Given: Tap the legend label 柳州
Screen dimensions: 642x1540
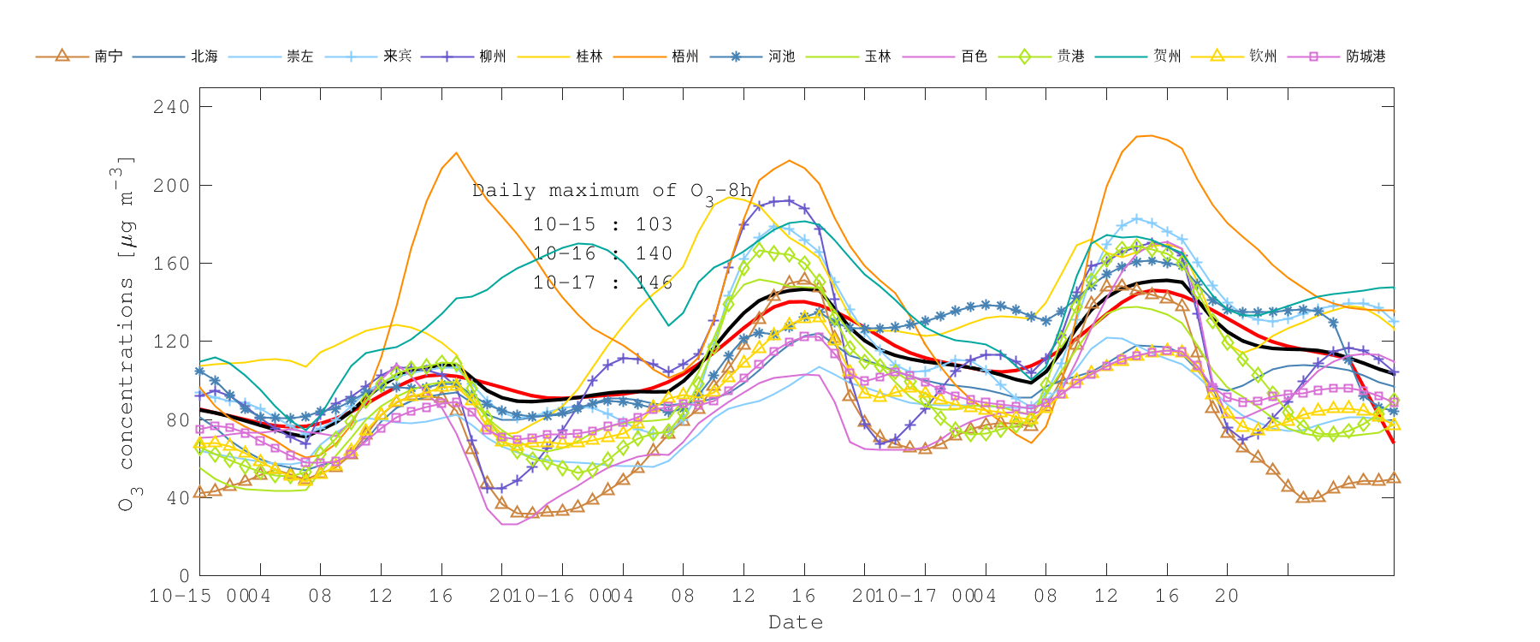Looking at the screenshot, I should coord(492,56).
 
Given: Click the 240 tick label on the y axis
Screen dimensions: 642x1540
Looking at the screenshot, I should coord(171,107).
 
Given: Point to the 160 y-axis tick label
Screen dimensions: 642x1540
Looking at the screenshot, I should coord(171,264).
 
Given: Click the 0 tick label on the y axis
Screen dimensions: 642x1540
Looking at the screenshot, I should coord(183,576).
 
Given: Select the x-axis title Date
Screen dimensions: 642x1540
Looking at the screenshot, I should coord(796,622).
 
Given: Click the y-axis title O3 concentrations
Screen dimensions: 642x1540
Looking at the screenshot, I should coord(126,334).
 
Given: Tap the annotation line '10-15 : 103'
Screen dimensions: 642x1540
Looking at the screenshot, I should coord(602,224).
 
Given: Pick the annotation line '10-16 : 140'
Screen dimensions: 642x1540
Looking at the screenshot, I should coord(602,253).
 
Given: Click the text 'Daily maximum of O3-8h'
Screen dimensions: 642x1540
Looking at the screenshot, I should coord(612,192).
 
